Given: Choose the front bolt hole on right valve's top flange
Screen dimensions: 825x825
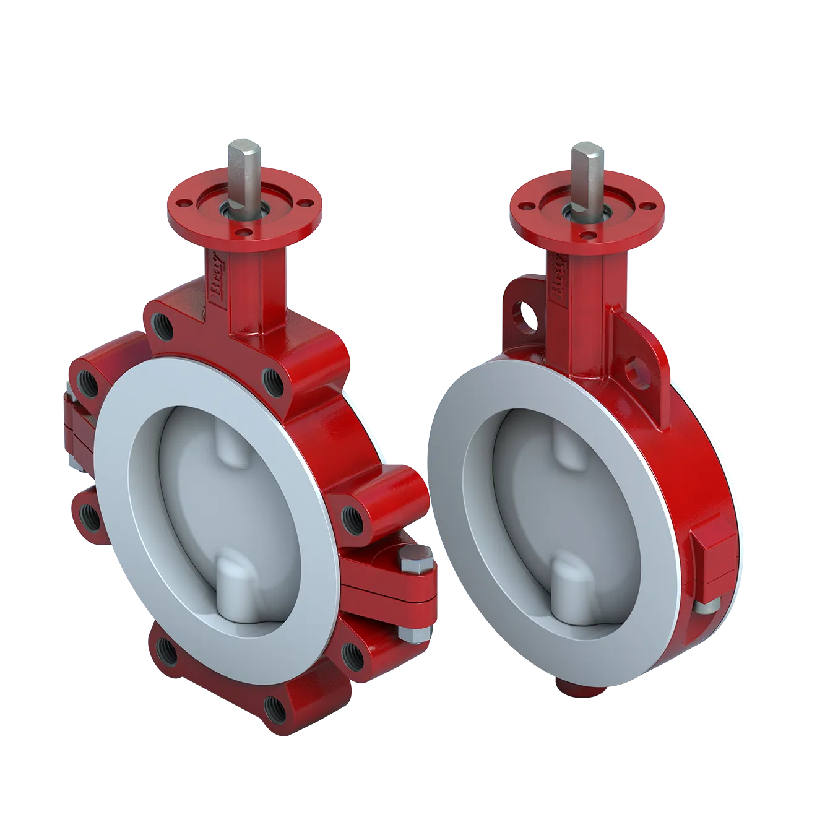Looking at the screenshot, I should (587, 235).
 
